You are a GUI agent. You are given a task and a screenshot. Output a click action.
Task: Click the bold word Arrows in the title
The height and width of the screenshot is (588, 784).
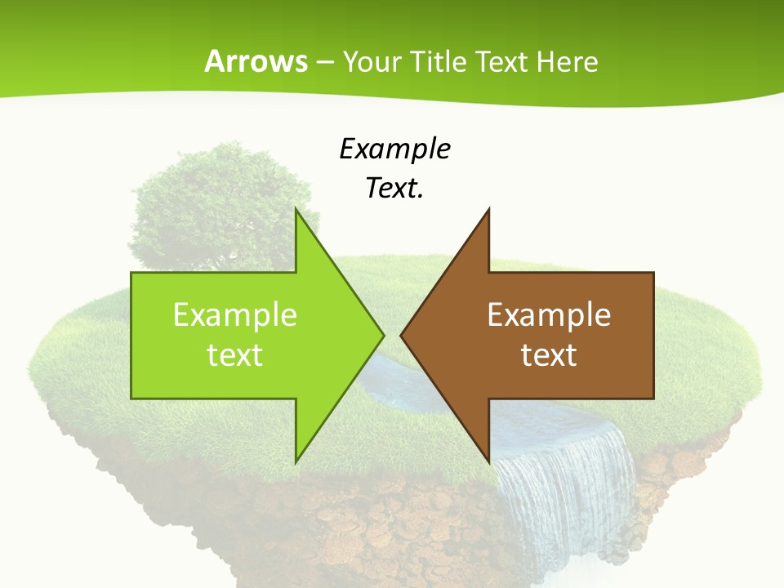pos(256,62)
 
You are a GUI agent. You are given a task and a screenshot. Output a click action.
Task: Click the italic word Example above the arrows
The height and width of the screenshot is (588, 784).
pos(394,149)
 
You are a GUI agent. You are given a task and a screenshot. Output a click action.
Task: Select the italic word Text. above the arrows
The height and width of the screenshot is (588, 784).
pos(394,188)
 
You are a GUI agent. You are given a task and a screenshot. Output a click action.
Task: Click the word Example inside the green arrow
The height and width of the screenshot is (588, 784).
pos(234,315)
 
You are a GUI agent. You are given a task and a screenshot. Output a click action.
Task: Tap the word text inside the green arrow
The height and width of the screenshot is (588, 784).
pos(234,355)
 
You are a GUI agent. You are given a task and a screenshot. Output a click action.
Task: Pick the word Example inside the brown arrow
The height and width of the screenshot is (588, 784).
pos(549,315)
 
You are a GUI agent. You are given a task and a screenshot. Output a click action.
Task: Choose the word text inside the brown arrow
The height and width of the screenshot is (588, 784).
pos(549,355)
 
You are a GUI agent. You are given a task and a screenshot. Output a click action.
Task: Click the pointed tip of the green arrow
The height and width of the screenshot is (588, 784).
pos(382,335)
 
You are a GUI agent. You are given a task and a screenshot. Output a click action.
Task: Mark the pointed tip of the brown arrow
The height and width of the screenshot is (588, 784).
pos(403,335)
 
